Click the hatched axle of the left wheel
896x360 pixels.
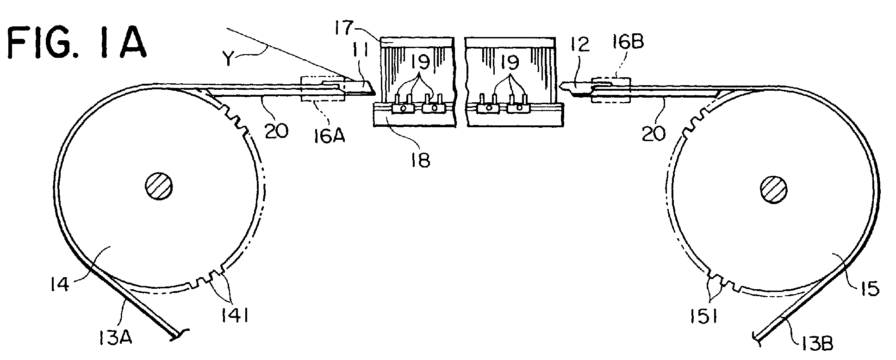coord(159,187)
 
